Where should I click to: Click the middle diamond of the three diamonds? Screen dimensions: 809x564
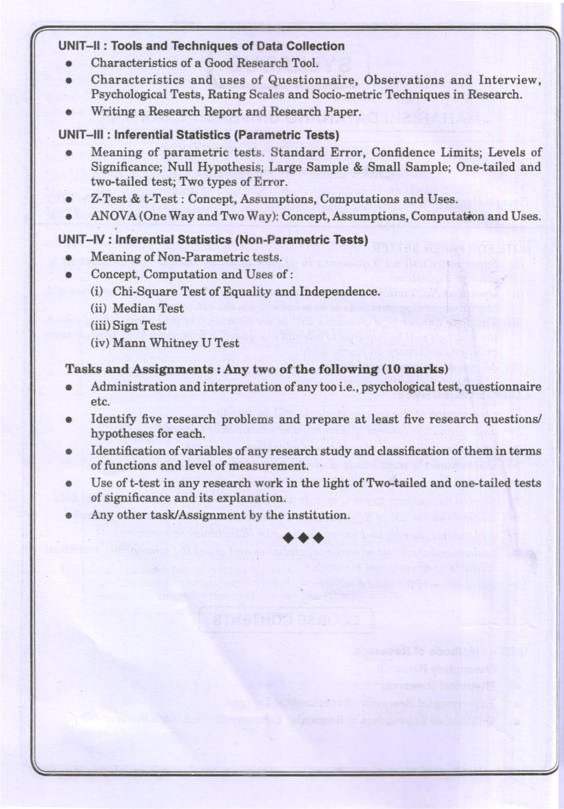(x=304, y=538)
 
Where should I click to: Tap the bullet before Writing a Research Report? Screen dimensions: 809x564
(x=69, y=112)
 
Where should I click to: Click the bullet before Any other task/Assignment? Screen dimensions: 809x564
(x=69, y=515)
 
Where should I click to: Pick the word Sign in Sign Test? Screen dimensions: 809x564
(x=134, y=326)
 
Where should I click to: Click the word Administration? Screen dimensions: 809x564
(x=125, y=387)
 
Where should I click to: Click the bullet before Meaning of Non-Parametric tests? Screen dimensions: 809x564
(x=69, y=258)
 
